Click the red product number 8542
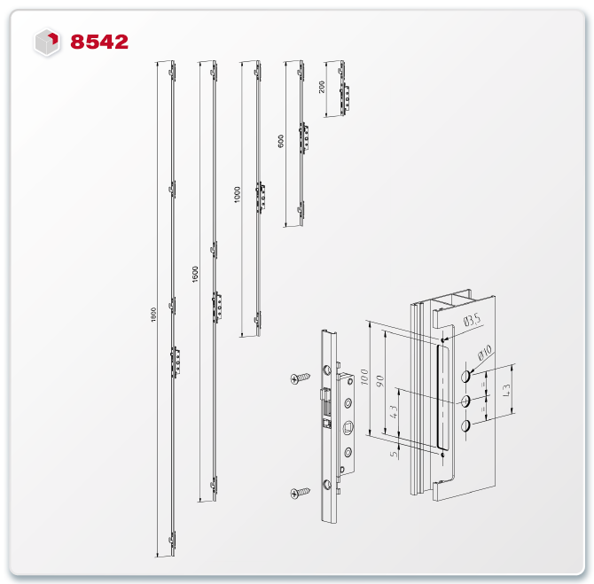(99, 42)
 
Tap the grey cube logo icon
(47, 42)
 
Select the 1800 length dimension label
(153, 315)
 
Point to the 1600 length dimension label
(195, 274)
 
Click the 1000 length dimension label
(237, 195)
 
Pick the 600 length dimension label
(281, 141)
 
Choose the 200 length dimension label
(322, 87)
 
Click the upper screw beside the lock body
(300, 378)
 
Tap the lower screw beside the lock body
(300, 493)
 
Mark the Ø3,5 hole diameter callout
(472, 321)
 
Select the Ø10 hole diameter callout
(485, 353)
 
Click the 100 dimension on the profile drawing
(364, 378)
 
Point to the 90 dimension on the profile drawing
(380, 381)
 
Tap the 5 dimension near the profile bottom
(395, 453)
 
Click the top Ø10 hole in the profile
(465, 376)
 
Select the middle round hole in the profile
(465, 401)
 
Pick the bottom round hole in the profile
(465, 425)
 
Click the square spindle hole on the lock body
(348, 428)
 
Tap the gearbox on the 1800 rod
(175, 362)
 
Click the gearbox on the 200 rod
(344, 98)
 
